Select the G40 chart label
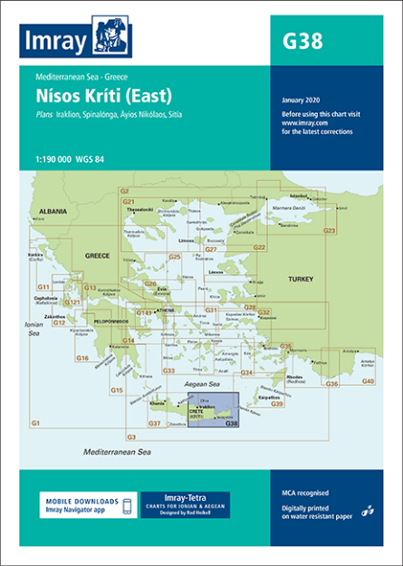(x=368, y=380)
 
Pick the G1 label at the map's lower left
(x=35, y=423)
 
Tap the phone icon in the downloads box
(x=128, y=505)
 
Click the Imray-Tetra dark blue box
(x=185, y=505)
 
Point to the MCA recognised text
(x=304, y=493)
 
